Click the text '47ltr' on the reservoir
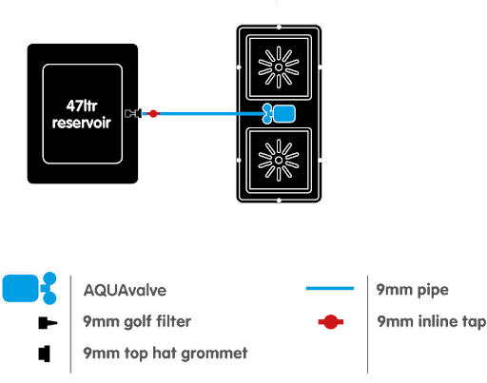[82, 105]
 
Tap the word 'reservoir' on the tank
[82, 123]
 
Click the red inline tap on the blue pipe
[153, 113]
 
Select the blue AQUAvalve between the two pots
[279, 114]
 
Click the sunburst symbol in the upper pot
[279, 67]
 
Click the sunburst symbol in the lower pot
[279, 160]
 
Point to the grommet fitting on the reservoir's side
[139, 113]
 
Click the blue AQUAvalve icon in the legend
[29, 288]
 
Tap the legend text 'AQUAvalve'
[125, 290]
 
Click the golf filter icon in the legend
[48, 323]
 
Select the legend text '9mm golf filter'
[137, 321]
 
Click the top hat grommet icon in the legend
[45, 354]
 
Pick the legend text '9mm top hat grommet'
[166, 354]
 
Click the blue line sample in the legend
[330, 288]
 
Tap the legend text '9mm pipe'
[413, 290]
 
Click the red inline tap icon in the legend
[331, 322]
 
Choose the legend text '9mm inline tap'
[432, 321]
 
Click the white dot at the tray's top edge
[279, 27]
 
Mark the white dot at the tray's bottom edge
[279, 201]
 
